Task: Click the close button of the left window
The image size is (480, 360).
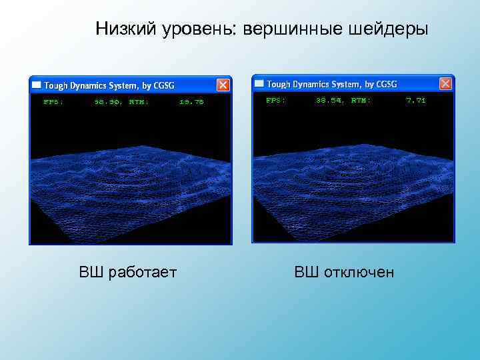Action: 223,85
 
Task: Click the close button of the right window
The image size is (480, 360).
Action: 446,83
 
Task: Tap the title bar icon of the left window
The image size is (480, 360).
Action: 37,85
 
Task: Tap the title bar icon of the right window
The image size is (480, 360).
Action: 259,84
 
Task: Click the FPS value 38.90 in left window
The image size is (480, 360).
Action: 108,102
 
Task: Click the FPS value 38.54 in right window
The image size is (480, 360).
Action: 330,100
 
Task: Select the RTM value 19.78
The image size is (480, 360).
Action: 191,102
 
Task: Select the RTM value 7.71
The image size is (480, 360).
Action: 415,100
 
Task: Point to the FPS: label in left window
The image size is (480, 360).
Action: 53,102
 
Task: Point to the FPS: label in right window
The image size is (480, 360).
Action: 275,100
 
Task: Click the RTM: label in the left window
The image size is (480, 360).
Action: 139,102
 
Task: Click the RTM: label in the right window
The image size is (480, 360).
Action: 361,100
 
